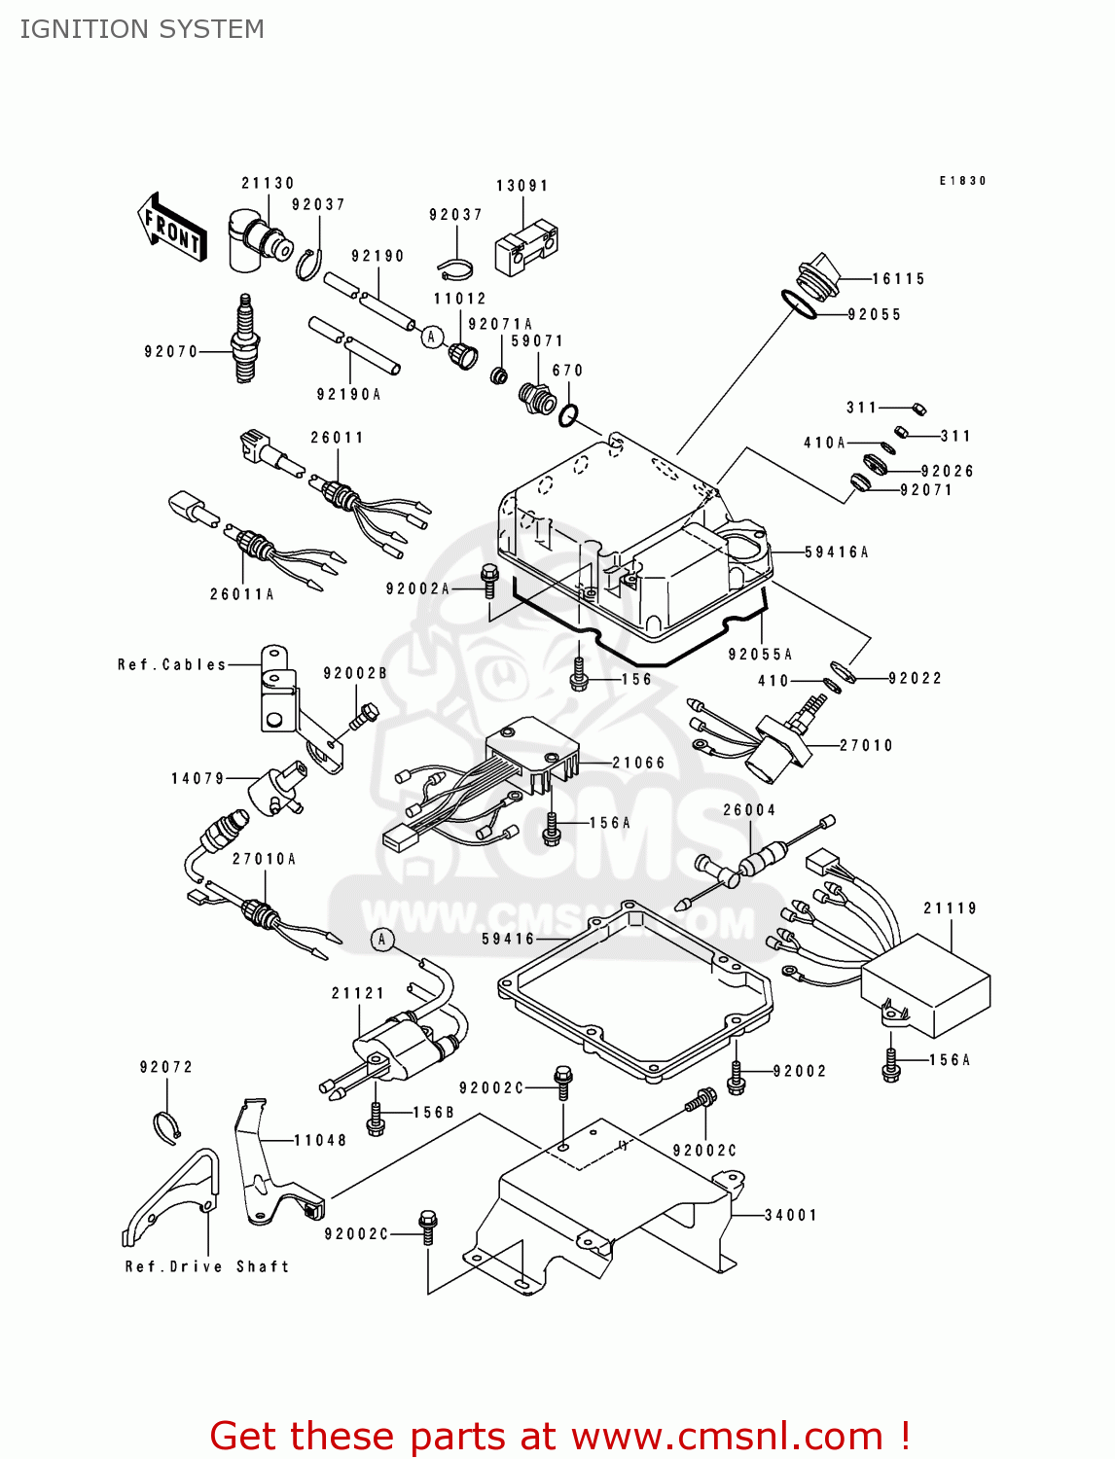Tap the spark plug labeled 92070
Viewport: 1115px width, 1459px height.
tap(244, 339)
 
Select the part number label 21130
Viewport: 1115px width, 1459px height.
tap(268, 183)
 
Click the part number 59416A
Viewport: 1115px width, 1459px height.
tap(837, 552)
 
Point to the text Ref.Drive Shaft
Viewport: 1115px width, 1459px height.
tap(207, 1266)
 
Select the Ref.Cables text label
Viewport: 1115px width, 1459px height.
tap(171, 664)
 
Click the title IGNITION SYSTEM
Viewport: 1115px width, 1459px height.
tap(142, 29)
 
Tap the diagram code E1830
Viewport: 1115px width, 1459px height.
tap(962, 181)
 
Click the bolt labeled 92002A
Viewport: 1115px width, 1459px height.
tap(489, 582)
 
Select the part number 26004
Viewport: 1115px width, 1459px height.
tap(749, 810)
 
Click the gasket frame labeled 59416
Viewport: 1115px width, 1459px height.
tap(637, 992)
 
